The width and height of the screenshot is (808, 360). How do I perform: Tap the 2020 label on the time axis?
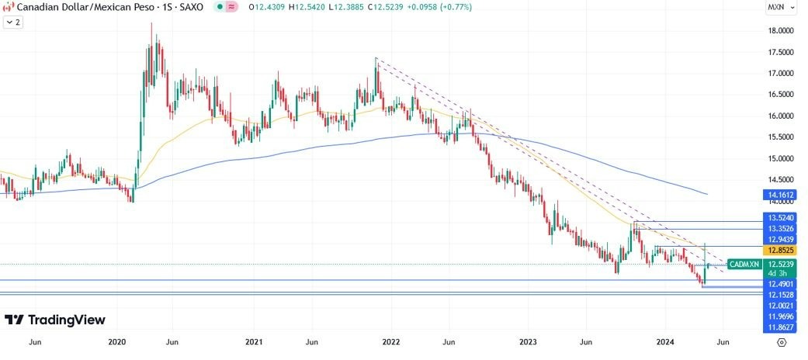(117, 341)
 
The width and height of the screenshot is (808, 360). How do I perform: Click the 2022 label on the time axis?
(391, 341)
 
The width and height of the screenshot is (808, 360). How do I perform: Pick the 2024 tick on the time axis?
(665, 341)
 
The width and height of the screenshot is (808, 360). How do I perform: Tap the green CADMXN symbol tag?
(744, 265)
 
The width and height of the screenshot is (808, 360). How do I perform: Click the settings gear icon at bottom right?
(782, 341)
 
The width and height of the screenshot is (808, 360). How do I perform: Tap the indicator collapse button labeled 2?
(13, 22)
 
